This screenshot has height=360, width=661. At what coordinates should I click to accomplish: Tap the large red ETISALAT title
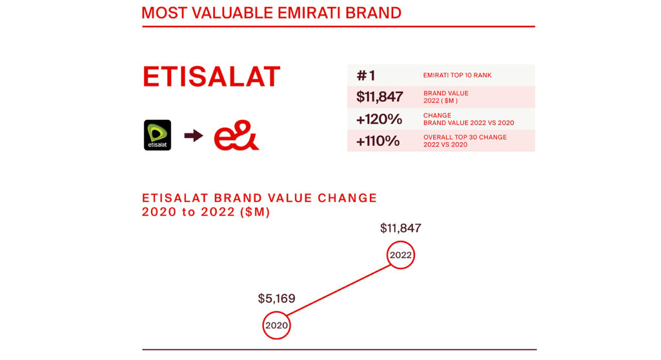pos(211,77)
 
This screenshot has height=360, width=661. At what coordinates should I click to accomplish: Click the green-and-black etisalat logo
pos(158,135)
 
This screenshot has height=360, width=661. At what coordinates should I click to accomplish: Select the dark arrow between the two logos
pos(194,135)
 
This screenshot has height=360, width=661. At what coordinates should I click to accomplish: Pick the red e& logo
pos(236,135)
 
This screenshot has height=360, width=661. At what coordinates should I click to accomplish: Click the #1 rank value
pos(365,75)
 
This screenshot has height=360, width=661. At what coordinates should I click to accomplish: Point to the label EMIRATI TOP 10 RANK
pos(458,75)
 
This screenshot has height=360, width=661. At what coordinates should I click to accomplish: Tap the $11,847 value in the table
pos(380,97)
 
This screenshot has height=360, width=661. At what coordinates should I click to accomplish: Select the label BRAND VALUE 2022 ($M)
pos(445,97)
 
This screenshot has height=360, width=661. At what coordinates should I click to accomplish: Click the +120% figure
pos(379,119)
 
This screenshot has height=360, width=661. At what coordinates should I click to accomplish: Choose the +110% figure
pos(378,141)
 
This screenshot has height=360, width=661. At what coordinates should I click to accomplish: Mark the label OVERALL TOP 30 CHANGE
pos(465,137)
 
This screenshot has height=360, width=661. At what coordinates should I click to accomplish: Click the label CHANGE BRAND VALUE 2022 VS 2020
pos(469,119)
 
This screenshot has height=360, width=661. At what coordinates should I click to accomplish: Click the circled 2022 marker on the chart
pos(400,241)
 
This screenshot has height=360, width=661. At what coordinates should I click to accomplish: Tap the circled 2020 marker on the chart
pos(276,312)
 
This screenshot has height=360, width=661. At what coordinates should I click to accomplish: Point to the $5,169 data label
pos(276,299)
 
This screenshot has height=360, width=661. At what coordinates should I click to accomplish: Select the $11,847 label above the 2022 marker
pos(400,228)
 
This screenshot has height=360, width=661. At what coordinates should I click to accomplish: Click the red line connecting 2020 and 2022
pos(338,290)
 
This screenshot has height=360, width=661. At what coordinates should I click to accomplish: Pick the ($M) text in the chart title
pos(255,212)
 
